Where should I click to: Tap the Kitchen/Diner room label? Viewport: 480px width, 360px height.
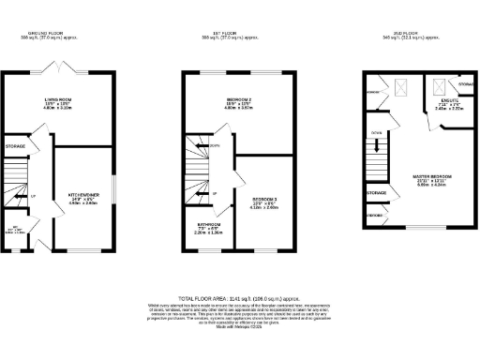tap(83, 197)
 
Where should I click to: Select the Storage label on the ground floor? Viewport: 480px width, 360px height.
tap(15, 147)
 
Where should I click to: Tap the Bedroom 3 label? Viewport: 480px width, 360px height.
tap(265, 200)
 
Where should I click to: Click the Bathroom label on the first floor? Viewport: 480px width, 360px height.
tap(208, 226)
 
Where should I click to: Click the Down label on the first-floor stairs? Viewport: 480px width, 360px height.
tap(215, 145)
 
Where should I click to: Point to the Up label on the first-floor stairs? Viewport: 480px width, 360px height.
tap(214, 194)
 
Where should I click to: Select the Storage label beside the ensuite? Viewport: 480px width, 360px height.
tap(466, 84)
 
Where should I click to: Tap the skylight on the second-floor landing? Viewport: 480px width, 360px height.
tap(402, 86)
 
